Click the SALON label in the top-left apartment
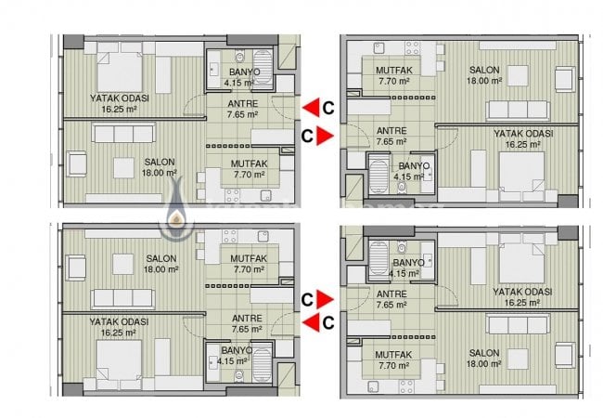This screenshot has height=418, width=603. click(160, 162)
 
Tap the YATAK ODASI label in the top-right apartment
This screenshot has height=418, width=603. click(523, 134)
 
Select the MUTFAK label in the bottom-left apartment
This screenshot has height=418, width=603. click(249, 258)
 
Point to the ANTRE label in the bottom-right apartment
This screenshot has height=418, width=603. click(391, 294)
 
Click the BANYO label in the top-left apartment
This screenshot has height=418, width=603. click(245, 72)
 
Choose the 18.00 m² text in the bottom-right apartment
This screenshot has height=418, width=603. click(484, 364)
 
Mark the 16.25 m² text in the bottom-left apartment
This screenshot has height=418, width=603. click(119, 333)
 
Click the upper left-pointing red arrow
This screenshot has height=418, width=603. click(311, 108)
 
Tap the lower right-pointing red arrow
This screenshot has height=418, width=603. click(325, 299)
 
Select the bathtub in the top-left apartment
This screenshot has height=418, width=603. click(263, 67)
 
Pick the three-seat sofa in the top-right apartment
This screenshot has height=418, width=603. click(518, 110)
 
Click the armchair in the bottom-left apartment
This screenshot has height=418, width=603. click(76, 268)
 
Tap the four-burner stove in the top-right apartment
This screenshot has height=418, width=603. click(412, 48)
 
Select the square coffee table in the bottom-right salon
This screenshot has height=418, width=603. click(518, 359)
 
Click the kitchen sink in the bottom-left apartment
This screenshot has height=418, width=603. click(263, 236)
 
